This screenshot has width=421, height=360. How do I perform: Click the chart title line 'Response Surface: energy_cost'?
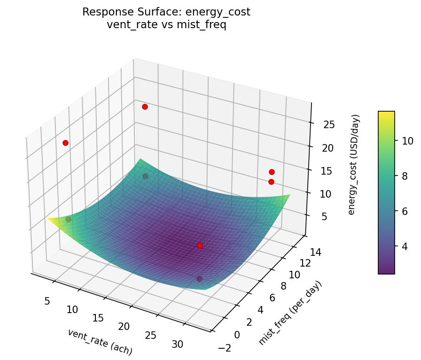[166, 12]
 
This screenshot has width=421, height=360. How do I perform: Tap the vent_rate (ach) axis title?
[100, 342]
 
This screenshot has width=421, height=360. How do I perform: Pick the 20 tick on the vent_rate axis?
[124, 327]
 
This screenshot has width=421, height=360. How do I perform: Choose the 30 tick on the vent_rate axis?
[177, 345]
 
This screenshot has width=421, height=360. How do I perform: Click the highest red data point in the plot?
[145, 107]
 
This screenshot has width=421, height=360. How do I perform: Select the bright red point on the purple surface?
[200, 245]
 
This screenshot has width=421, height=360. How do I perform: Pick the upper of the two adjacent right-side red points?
[272, 172]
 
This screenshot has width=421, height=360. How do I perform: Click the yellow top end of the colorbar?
[386, 114]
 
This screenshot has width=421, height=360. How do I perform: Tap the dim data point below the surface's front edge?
[199, 279]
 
